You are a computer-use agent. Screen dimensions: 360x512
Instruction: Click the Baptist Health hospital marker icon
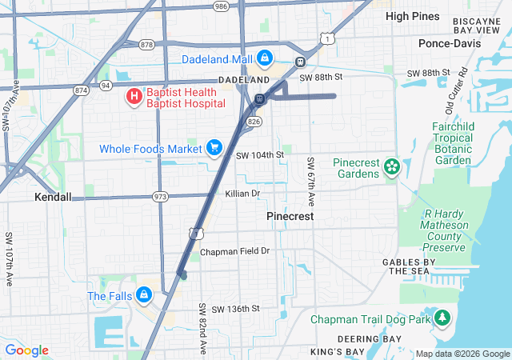click(x=134, y=97)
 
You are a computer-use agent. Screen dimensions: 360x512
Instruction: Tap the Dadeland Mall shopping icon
click(x=265, y=58)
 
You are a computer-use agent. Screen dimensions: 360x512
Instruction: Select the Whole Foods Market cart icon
click(x=214, y=147)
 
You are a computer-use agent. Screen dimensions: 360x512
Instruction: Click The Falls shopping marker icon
click(x=143, y=295)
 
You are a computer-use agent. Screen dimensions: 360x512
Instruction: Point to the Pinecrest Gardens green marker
click(x=391, y=166)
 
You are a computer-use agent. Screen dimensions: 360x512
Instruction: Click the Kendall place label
click(x=53, y=197)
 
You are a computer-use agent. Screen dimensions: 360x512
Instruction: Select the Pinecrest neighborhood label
click(x=290, y=217)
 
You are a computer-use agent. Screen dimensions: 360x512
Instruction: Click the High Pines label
click(x=413, y=15)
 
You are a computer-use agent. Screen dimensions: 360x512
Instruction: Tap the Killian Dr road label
click(x=242, y=194)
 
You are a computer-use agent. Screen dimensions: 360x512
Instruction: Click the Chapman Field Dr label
click(x=235, y=251)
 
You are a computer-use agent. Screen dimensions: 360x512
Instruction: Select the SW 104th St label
click(x=260, y=154)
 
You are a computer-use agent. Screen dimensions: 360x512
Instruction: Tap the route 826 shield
click(x=254, y=121)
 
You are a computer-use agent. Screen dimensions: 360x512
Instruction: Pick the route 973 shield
click(x=161, y=197)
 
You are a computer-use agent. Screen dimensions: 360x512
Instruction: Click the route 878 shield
click(x=146, y=45)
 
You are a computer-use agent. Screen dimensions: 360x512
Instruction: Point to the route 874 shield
click(x=80, y=90)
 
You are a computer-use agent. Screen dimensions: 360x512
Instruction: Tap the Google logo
click(x=26, y=350)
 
